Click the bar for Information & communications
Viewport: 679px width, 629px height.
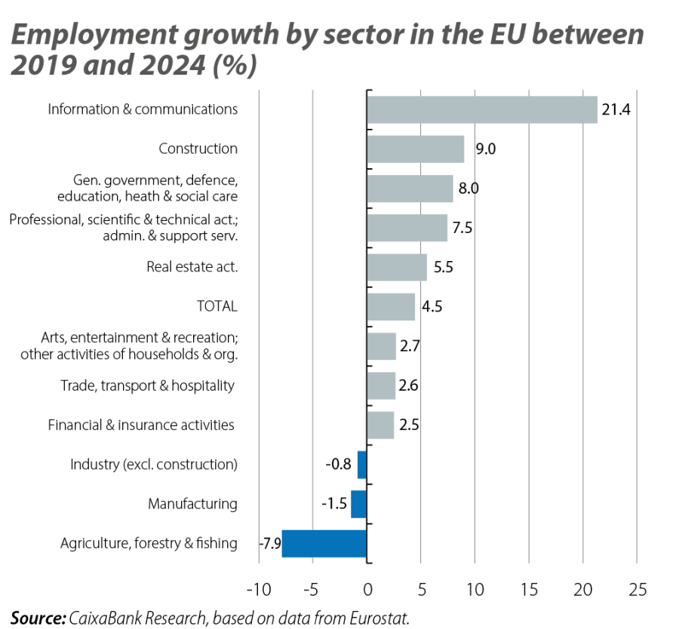click(481, 109)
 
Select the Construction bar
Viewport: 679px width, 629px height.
click(415, 149)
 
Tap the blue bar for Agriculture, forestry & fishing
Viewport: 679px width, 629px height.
click(324, 543)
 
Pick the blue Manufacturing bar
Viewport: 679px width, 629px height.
click(358, 504)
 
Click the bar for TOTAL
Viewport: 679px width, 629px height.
click(391, 306)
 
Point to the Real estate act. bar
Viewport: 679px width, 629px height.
click(397, 267)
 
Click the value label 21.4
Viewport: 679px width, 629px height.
click(615, 110)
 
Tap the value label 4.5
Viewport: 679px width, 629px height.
click(431, 307)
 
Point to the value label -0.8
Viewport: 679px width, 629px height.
click(339, 465)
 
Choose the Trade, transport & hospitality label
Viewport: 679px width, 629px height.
click(147, 386)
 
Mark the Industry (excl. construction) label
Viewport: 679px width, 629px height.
click(154, 465)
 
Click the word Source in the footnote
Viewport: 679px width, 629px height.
click(35, 618)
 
